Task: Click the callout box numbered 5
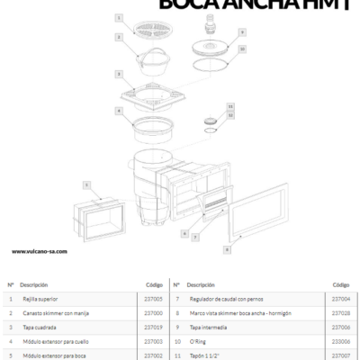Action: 86,184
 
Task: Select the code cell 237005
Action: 153,298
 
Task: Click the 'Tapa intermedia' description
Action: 210,327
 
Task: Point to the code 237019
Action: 153,327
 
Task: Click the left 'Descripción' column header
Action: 33,283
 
